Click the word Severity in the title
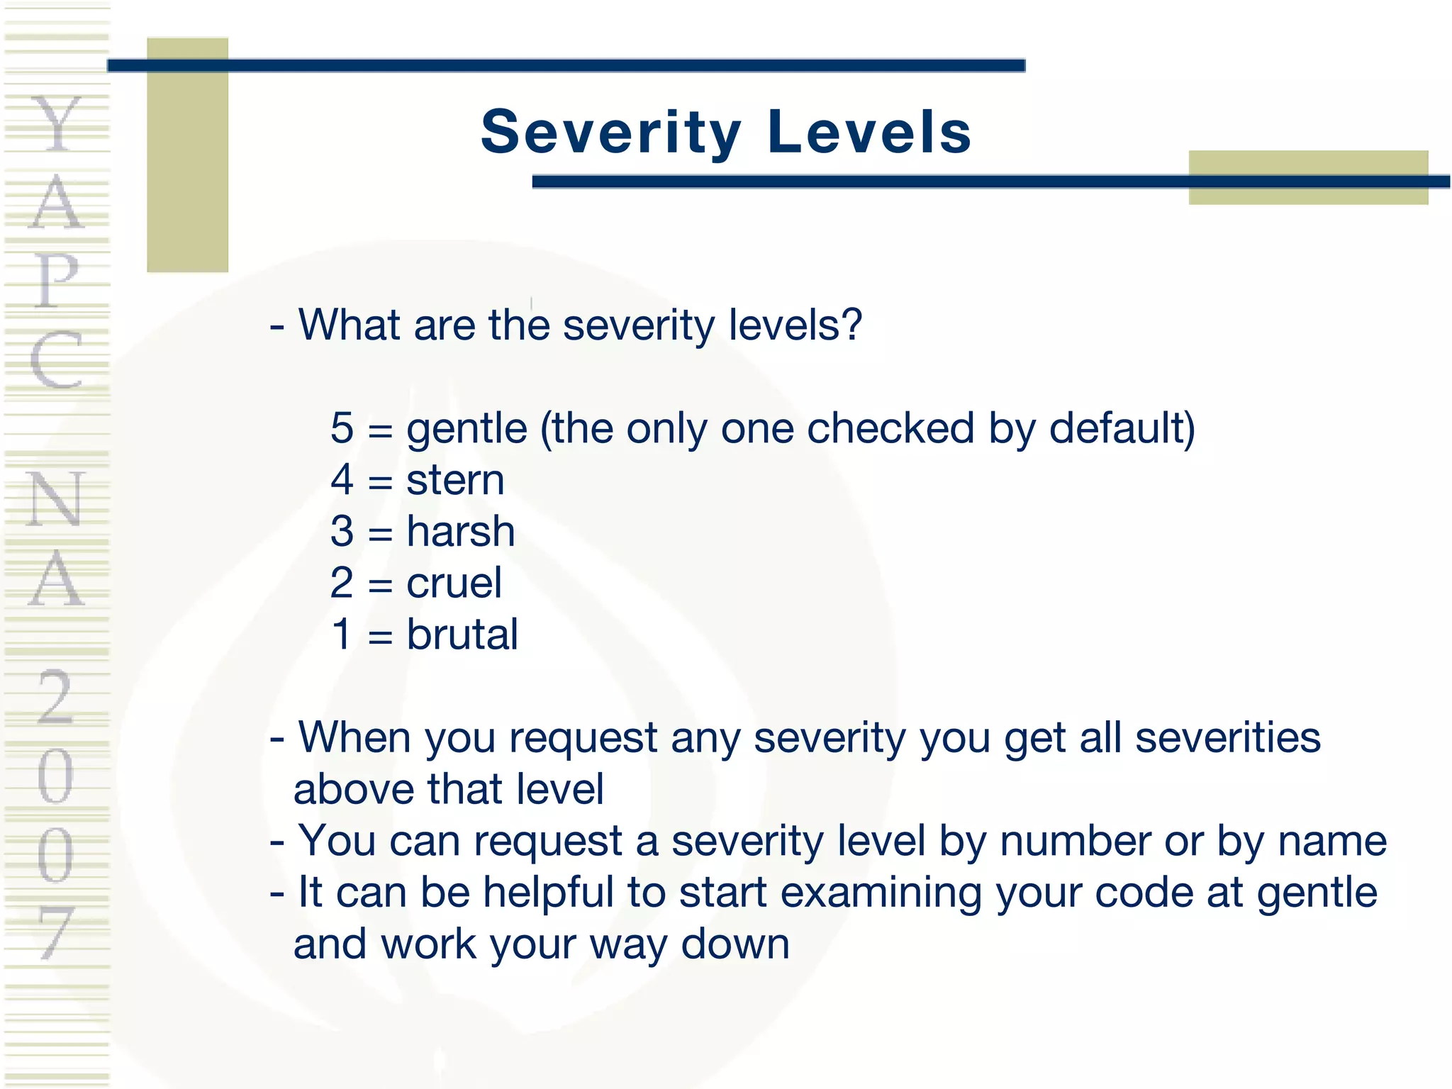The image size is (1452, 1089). click(610, 133)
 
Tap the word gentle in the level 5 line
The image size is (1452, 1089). click(467, 430)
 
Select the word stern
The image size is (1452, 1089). click(455, 481)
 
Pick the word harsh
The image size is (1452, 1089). click(460, 532)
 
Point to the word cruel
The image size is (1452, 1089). click(454, 583)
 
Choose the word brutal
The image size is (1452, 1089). click(462, 635)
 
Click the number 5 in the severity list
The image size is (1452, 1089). click(342, 428)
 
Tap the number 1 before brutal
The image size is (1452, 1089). click(342, 635)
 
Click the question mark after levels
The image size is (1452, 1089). click(851, 325)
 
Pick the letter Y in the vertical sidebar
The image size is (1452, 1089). click(57, 124)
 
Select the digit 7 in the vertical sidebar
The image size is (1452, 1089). click(57, 932)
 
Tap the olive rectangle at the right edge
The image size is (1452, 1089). click(1308, 177)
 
